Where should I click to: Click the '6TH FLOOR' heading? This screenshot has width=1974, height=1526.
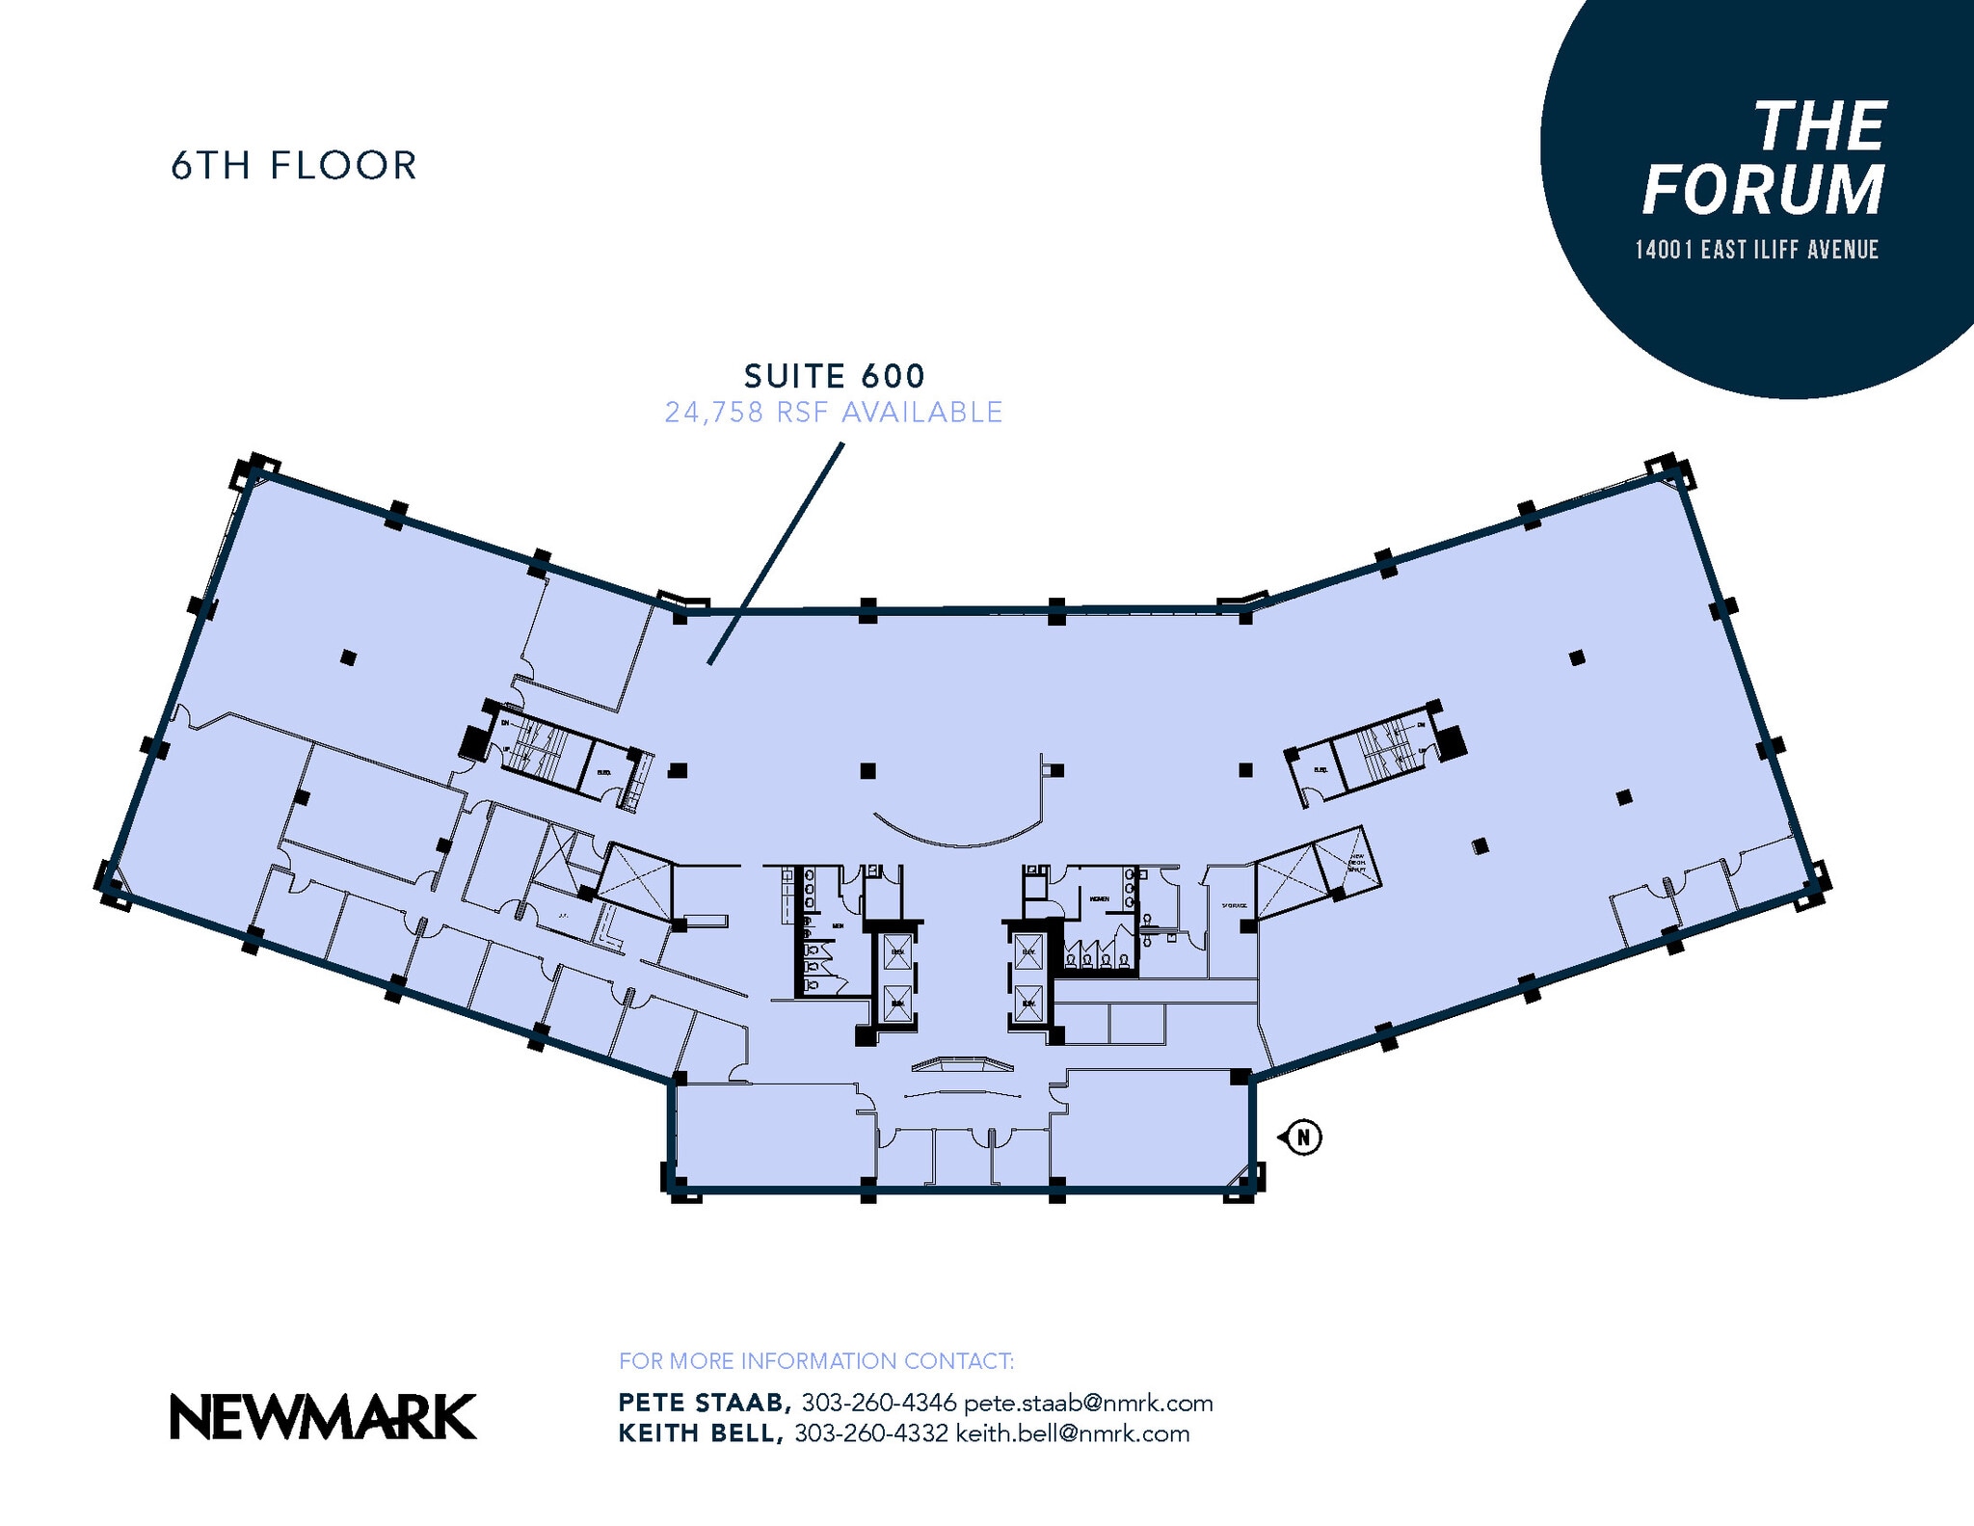294,166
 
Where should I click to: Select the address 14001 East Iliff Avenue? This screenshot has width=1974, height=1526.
1756,250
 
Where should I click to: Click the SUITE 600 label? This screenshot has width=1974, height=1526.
834,376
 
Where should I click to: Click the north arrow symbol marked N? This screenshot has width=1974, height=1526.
1303,1138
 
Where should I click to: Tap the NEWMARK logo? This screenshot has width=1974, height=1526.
323,1417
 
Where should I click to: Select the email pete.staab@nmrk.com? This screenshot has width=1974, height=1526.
1087,1403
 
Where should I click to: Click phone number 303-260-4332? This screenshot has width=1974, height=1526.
870,1433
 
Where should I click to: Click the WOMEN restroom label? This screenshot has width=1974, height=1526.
1099,898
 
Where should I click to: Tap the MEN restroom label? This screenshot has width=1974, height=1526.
838,925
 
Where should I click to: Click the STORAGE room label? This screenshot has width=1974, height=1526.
1234,906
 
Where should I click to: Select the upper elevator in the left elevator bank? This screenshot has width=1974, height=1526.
896,951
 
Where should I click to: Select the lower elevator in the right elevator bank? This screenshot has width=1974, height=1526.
1028,1004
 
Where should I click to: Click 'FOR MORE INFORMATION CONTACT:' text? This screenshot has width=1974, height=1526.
815,1361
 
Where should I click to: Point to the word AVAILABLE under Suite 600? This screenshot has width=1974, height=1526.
921,413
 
